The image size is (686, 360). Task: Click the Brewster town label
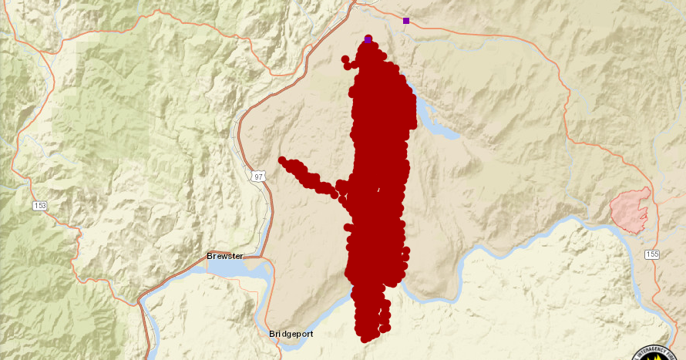[x=225, y=256]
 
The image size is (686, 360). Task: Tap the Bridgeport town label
[x=291, y=335]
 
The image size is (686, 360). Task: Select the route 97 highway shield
[x=257, y=177]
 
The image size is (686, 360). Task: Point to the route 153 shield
[x=39, y=206]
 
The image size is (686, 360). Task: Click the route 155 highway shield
[x=652, y=254]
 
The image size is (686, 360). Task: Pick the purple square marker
[x=406, y=21]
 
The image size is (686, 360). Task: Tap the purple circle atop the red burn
[x=368, y=39]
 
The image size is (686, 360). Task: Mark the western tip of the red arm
[x=283, y=161]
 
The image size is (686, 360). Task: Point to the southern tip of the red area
[x=366, y=337]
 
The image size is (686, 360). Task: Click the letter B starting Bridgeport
[x=272, y=335]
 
